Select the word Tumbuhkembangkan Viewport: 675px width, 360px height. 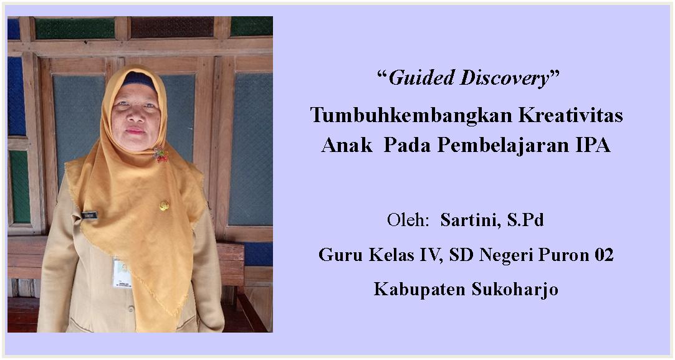[411, 116]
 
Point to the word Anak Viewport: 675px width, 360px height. [347, 145]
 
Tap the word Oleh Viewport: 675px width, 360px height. [408, 220]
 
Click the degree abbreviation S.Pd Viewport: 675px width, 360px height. [525, 220]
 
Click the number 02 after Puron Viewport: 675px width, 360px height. [604, 255]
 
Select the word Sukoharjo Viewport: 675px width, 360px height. [515, 290]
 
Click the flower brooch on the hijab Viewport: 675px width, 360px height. [161, 154]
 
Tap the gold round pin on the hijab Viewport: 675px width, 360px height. [164, 206]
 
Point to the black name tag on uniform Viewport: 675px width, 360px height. [90, 215]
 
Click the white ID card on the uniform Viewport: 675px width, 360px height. [122, 273]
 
